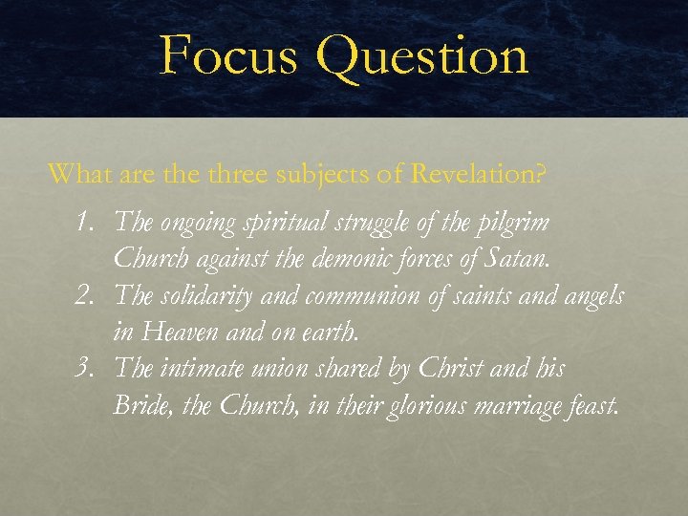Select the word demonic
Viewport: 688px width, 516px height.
tap(349, 259)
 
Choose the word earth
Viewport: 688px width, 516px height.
tap(331, 333)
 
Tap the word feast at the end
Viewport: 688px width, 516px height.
tap(591, 405)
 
